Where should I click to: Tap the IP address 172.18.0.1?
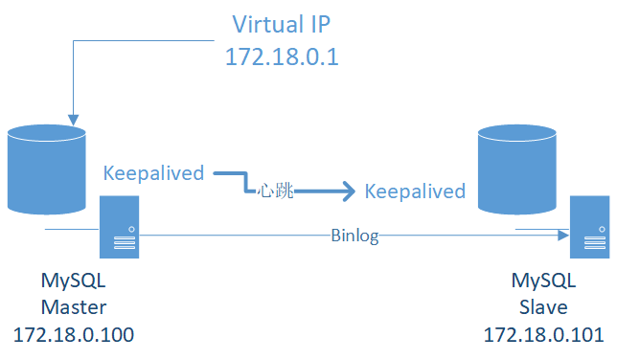(x=282, y=56)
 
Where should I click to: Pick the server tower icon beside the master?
(x=120, y=226)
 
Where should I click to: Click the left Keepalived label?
(x=153, y=173)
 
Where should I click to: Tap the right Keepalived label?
(x=415, y=191)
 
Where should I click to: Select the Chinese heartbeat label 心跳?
(x=274, y=191)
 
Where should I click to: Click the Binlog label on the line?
(x=354, y=236)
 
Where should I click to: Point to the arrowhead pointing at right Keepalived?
(x=348, y=191)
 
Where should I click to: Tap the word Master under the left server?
(x=74, y=307)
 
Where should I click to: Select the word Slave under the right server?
(x=543, y=307)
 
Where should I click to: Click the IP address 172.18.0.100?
(x=74, y=335)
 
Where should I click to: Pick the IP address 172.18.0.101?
(x=543, y=335)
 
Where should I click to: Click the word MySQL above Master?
(x=74, y=281)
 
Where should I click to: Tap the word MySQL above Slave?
(x=543, y=281)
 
